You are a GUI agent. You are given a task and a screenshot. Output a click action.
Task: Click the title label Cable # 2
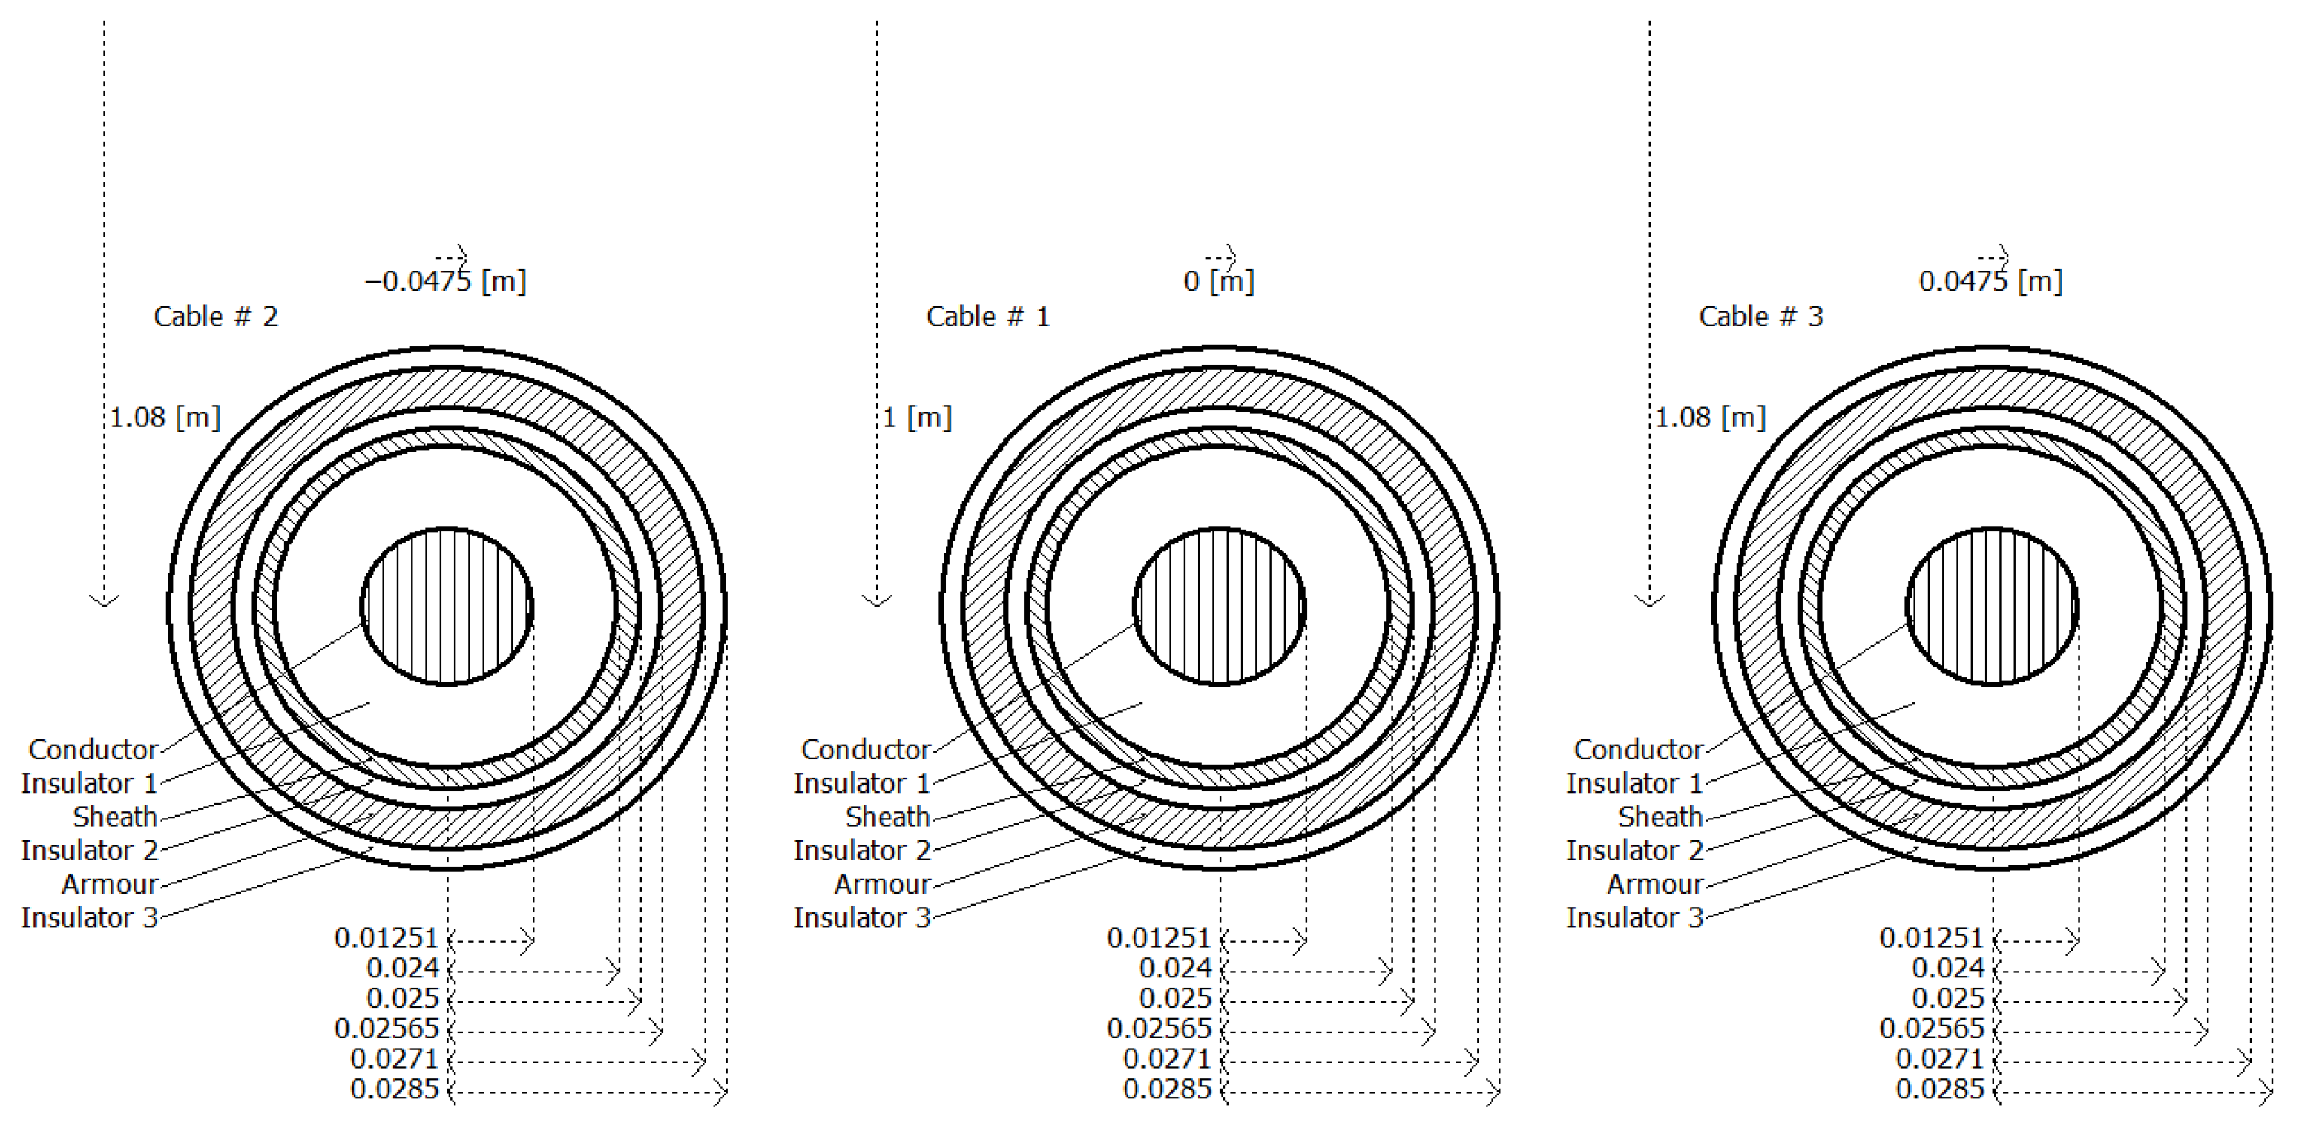coord(216,317)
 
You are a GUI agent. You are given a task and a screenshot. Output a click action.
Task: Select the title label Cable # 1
coord(988,317)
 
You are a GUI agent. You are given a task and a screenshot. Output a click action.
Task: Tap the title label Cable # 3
coord(1761,317)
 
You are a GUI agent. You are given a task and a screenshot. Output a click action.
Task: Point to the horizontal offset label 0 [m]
coord(1218,282)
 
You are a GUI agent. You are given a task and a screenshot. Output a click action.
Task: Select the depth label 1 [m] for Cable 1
coord(918,418)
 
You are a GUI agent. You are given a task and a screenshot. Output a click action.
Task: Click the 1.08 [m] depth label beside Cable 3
coord(1710,418)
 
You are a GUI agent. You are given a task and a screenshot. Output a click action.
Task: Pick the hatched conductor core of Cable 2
coord(447,607)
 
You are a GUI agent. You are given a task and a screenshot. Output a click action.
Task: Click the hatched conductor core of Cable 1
coord(1219,607)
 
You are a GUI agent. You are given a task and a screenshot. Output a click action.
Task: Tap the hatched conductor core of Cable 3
coord(1992,607)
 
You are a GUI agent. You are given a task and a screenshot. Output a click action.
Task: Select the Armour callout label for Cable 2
coord(110,884)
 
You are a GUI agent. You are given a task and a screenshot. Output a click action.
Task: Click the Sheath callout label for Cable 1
coord(888,817)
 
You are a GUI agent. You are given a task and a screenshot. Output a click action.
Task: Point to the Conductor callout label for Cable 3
coord(1639,750)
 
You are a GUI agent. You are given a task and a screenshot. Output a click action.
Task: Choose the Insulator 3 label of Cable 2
coord(89,917)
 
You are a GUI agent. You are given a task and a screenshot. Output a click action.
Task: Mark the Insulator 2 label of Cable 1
coord(862,851)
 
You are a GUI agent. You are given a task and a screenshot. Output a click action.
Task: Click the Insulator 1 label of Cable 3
coord(1635,784)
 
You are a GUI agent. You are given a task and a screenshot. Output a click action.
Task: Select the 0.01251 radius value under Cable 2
coord(387,938)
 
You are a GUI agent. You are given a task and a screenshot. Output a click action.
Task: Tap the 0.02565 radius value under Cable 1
coord(1160,1029)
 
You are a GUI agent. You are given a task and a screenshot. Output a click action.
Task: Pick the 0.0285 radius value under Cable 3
coord(1939,1089)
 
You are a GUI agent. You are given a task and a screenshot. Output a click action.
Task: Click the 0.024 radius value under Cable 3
coord(1947,969)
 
